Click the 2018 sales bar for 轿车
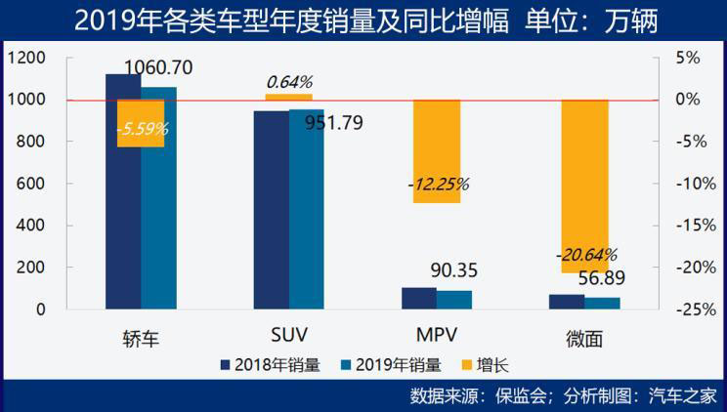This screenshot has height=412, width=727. (x=123, y=195)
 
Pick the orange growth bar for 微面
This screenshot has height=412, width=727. (x=584, y=185)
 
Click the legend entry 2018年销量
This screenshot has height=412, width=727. (x=271, y=366)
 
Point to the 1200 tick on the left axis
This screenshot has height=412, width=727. (x=26, y=58)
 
